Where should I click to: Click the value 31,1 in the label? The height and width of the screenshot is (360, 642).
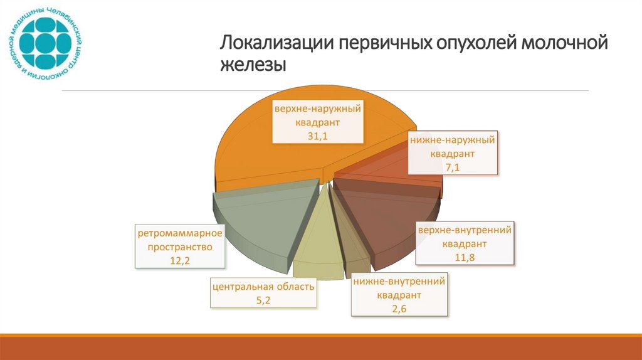tap(318, 136)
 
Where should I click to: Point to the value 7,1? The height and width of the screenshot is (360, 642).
tap(452, 167)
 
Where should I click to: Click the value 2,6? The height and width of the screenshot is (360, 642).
tap(399, 308)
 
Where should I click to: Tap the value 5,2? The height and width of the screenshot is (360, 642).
tap(263, 300)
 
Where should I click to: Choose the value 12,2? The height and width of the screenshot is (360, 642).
tap(179, 260)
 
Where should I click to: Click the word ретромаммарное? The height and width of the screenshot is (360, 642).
tap(180, 234)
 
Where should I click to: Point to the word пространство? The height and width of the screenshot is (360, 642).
tap(180, 247)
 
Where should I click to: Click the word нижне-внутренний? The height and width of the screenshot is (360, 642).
tap(399, 282)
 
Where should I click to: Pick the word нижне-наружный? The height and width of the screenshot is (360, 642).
tap(452, 140)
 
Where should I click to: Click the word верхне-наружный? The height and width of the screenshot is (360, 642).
tap(318, 109)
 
